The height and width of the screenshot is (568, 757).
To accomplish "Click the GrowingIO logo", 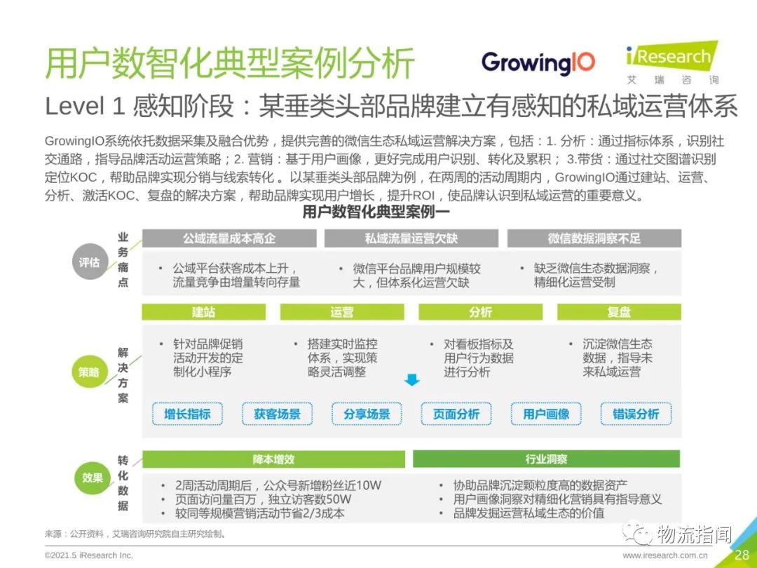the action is tap(538, 63).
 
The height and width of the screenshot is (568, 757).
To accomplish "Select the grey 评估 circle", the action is tap(89, 262).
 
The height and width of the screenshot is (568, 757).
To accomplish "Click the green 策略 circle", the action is tap(89, 372).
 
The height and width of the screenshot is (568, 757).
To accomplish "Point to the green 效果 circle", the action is tap(92, 478).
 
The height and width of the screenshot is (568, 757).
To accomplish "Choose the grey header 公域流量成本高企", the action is tap(229, 238).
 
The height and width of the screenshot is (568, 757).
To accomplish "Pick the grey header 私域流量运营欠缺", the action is tap(411, 238).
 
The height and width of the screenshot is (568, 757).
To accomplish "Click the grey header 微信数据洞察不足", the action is tap(594, 238).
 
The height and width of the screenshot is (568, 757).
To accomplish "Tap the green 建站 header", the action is tap(204, 312).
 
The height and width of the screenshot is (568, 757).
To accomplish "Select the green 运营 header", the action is tap(342, 312).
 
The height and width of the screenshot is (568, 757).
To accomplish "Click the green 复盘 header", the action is tap(620, 312).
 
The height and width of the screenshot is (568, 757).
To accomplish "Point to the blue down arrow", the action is tap(412, 379).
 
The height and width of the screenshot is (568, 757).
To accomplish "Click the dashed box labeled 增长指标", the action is tap(187, 414).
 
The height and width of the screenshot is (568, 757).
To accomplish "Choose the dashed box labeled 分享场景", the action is tap(367, 414).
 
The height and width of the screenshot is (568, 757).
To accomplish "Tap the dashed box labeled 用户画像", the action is tap(546, 414).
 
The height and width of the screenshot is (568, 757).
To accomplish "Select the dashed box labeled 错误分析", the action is tap(636, 414).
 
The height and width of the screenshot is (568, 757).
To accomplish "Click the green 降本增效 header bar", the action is tap(274, 459).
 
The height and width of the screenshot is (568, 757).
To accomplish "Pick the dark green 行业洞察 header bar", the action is tap(547, 459).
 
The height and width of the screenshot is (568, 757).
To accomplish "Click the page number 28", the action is tap(742, 554).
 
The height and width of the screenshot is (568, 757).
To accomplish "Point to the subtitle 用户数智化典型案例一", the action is tap(376, 212).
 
